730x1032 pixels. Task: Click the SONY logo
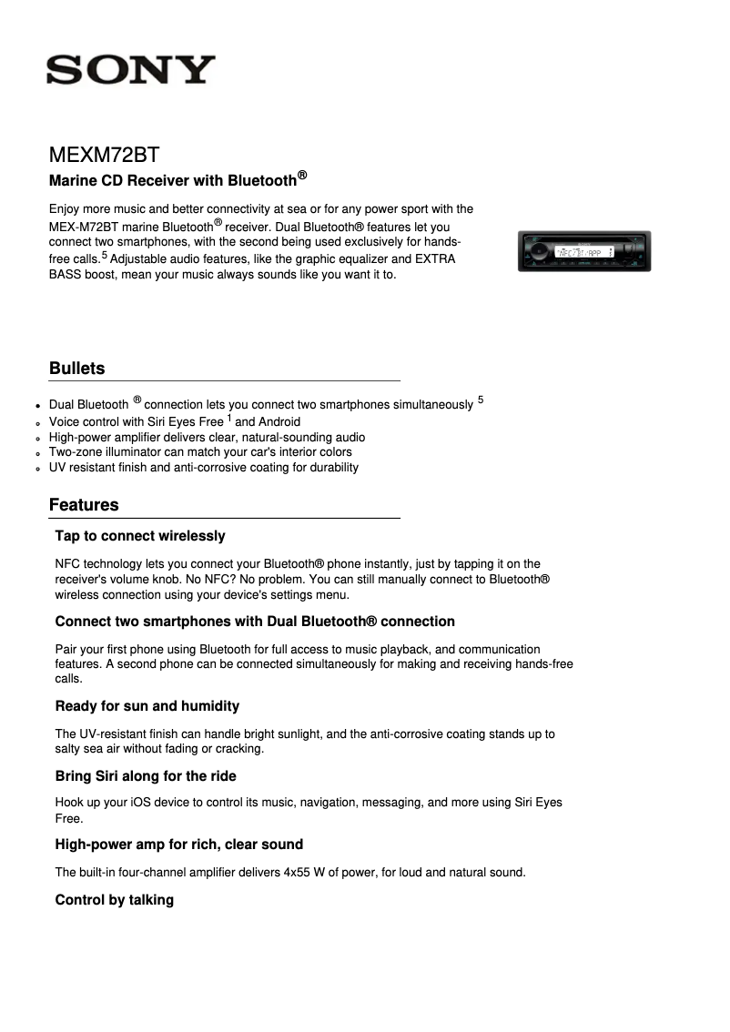[132, 70]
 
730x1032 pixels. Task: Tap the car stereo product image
[583, 251]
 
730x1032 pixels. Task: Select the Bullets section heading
[77, 369]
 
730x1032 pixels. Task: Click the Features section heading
[84, 505]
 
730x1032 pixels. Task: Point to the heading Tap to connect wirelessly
[140, 536]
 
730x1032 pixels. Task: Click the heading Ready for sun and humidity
[147, 706]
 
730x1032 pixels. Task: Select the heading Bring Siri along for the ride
[146, 776]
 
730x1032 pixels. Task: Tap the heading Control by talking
[115, 900]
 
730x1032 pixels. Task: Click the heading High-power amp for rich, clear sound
[179, 845]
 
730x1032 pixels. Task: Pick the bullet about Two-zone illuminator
[200, 452]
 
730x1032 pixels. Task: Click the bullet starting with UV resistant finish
[204, 468]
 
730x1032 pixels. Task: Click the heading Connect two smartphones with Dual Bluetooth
[255, 622]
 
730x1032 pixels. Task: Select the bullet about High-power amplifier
[208, 438]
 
